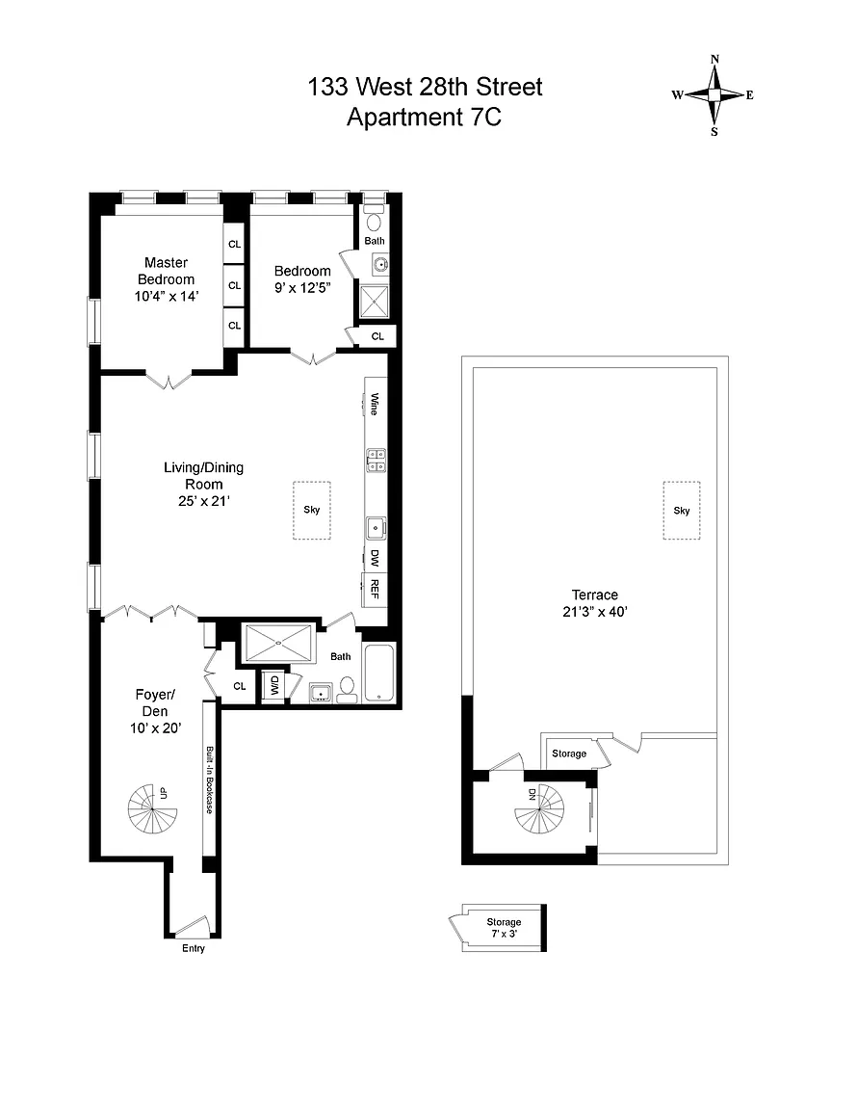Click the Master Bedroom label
[167, 271]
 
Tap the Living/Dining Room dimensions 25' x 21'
[204, 501]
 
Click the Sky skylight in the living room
[312, 510]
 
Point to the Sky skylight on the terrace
[682, 511]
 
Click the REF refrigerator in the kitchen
[375, 590]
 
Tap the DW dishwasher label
[375, 558]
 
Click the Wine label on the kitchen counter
[375, 405]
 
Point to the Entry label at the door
[194, 948]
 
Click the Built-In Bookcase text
[210, 780]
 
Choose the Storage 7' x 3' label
[504, 927]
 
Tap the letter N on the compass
[714, 60]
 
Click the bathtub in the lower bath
[378, 673]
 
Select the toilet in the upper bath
[374, 220]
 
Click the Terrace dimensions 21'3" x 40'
[595, 612]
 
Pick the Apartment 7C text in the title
[424, 117]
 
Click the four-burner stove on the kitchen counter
[376, 461]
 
